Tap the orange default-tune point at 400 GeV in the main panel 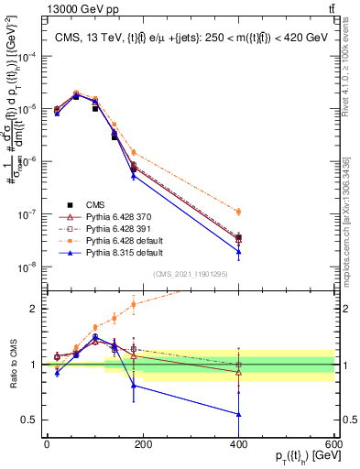coord(239,212)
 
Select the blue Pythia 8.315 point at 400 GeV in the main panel coord(239,252)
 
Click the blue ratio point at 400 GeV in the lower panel coord(239,414)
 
